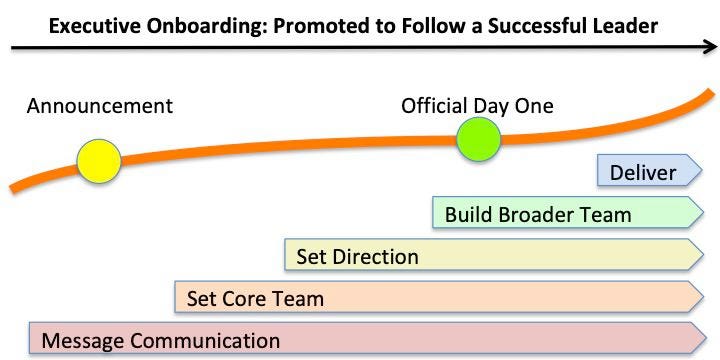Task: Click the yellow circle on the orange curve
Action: point(99,161)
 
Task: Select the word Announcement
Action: point(100,106)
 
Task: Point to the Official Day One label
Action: point(477,106)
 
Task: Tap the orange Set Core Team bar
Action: point(436,298)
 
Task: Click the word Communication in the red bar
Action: point(205,340)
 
